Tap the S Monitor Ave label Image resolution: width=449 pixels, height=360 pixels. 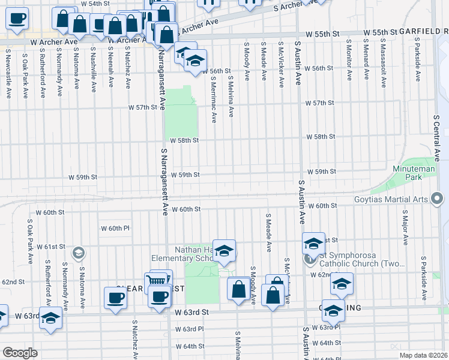[349, 61]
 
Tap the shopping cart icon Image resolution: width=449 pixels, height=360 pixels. [155, 281]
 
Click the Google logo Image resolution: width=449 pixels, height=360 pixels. [20, 353]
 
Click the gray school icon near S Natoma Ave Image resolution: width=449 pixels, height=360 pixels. [77, 253]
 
